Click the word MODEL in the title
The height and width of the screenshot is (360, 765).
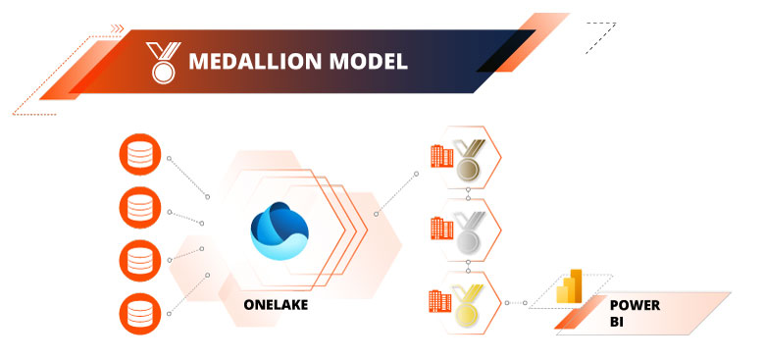pyautogui.click(x=368, y=62)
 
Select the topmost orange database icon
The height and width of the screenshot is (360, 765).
pyautogui.click(x=137, y=157)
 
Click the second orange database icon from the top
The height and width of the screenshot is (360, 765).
pyautogui.click(x=137, y=209)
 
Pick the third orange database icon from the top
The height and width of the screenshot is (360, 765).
pyautogui.click(x=137, y=261)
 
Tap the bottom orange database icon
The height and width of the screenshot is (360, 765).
pyautogui.click(x=137, y=313)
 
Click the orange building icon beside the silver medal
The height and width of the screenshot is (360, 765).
pyautogui.click(x=440, y=229)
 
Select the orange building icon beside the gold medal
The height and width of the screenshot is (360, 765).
pyautogui.click(x=440, y=299)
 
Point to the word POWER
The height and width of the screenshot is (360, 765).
pyautogui.click(x=635, y=305)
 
